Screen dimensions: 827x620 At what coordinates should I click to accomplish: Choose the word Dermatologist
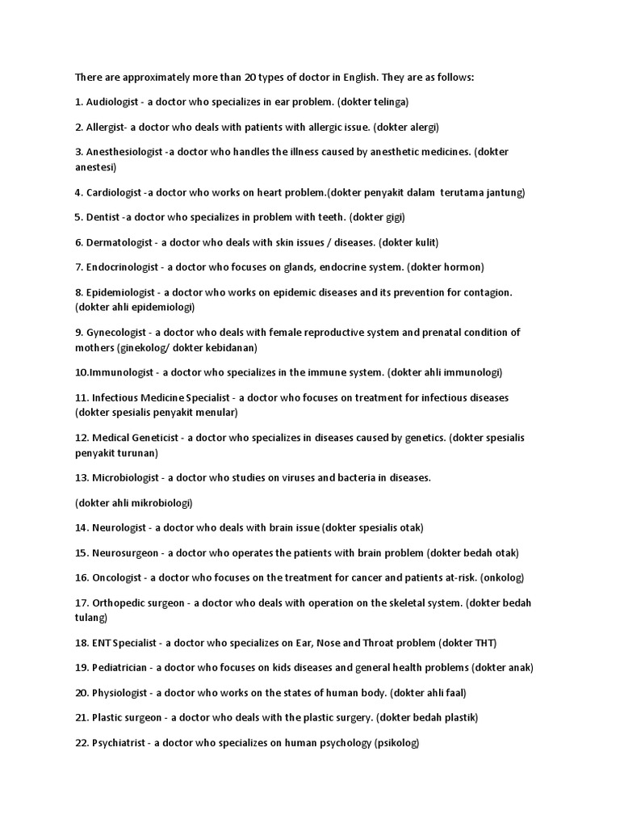[x=120, y=242]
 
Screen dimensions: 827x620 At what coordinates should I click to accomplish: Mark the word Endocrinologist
[x=124, y=267]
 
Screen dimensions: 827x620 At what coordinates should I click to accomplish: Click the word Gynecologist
[x=116, y=332]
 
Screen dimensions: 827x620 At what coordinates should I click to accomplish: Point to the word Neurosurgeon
[x=126, y=552]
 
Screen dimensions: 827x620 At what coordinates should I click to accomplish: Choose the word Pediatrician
[x=120, y=668]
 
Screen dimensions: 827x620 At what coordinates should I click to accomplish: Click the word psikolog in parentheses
[x=396, y=743]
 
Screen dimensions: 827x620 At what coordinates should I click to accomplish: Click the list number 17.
[x=81, y=602]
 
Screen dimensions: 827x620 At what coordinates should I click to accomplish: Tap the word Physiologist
[x=120, y=693]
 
